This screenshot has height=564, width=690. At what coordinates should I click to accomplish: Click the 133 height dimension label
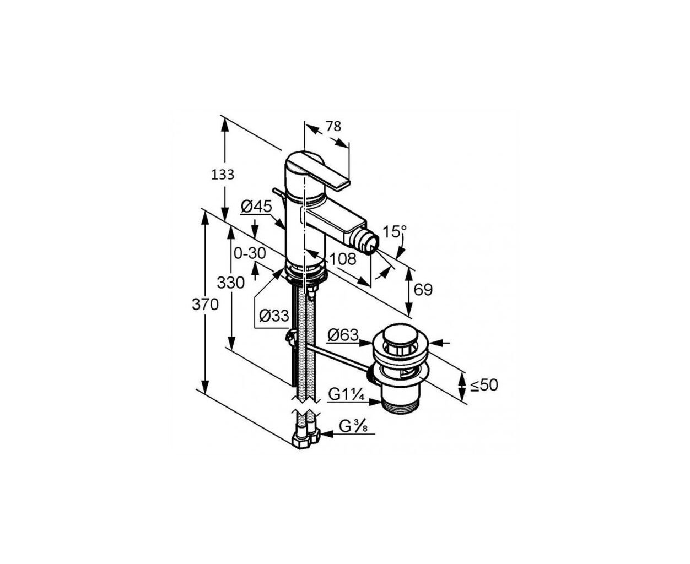pyautogui.click(x=223, y=175)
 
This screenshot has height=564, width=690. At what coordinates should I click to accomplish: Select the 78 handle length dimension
pyautogui.click(x=333, y=126)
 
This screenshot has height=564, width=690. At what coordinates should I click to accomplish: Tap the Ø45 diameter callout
pyautogui.click(x=256, y=207)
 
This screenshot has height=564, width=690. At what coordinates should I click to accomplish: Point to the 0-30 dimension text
pyautogui.click(x=250, y=253)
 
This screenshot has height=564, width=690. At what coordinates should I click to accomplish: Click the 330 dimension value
pyautogui.click(x=231, y=283)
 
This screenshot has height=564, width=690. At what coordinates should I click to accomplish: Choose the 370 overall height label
pyautogui.click(x=205, y=305)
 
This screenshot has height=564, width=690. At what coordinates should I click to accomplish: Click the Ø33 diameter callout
pyautogui.click(x=274, y=316)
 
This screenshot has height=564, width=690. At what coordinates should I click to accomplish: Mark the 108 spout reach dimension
pyautogui.click(x=343, y=259)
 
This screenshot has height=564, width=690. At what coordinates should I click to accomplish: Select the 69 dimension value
pyautogui.click(x=423, y=290)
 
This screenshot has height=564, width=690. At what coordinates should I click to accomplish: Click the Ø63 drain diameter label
pyautogui.click(x=343, y=335)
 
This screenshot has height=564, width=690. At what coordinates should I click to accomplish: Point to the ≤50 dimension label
pyautogui.click(x=484, y=385)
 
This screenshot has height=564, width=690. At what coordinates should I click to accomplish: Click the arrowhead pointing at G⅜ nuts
pyautogui.click(x=327, y=434)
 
